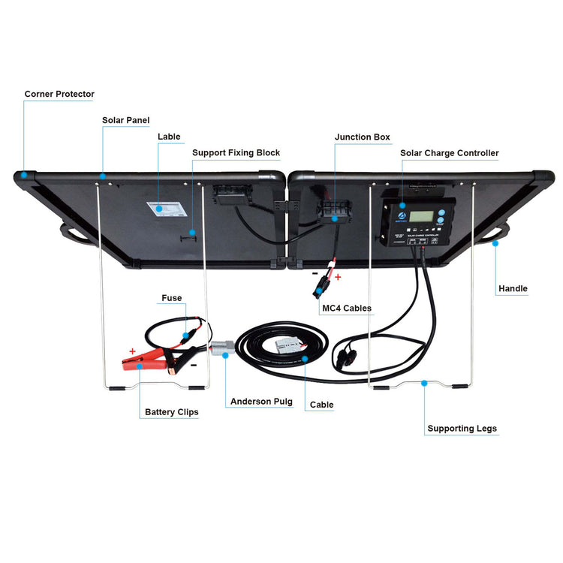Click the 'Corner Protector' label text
[59, 95]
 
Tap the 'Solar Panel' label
[125, 120]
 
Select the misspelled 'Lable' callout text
[169, 137]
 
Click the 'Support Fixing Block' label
[236, 153]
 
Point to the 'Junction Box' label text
[363, 137]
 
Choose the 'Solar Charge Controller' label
[449, 153]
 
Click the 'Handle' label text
[513, 288]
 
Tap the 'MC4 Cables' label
[346, 308]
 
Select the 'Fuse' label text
[171, 298]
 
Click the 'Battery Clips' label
[171, 412]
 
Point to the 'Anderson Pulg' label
[261, 402]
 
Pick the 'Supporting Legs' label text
[462, 429]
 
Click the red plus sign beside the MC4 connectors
[337, 277]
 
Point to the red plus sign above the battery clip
[132, 350]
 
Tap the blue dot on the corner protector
[24, 173]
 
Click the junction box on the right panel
[335, 209]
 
